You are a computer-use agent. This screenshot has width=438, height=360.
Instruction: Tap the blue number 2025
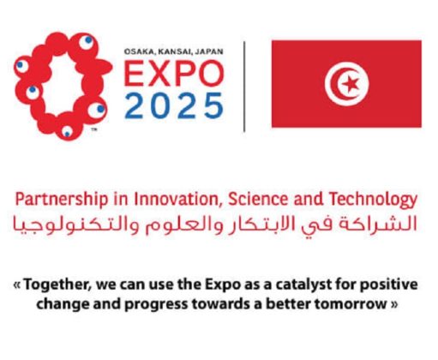(174, 105)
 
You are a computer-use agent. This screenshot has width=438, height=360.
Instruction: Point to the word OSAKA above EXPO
(141, 51)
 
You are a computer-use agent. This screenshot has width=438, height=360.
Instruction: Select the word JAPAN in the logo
(208, 51)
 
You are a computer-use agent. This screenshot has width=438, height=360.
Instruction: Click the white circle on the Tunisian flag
(346, 83)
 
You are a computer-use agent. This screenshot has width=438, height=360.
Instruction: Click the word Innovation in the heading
(168, 200)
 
